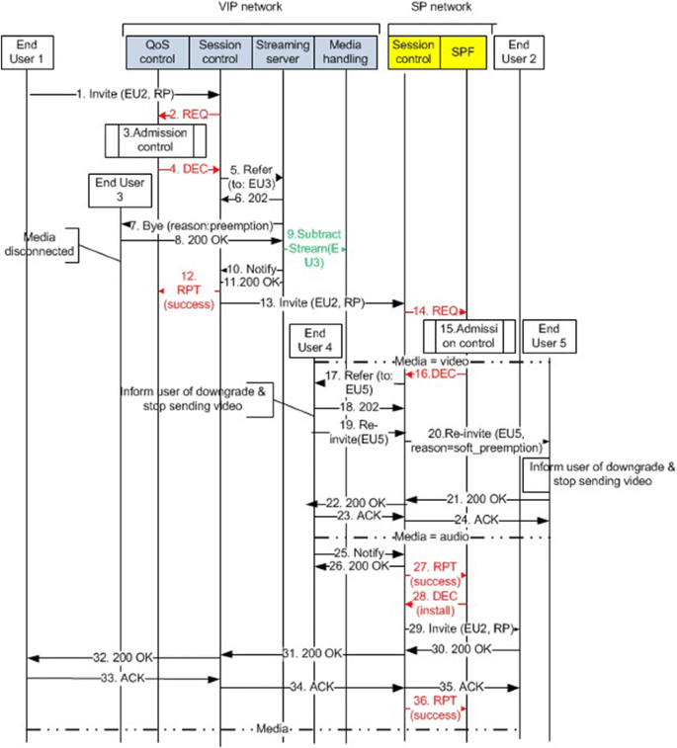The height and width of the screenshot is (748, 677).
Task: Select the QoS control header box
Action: click(157, 52)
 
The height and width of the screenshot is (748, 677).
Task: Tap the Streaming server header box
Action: click(282, 52)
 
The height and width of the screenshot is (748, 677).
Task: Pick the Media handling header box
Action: click(343, 52)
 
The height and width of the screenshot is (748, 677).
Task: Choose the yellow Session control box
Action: click(413, 52)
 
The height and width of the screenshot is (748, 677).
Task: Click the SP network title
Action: click(440, 8)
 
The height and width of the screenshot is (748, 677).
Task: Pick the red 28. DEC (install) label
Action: click(436, 606)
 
